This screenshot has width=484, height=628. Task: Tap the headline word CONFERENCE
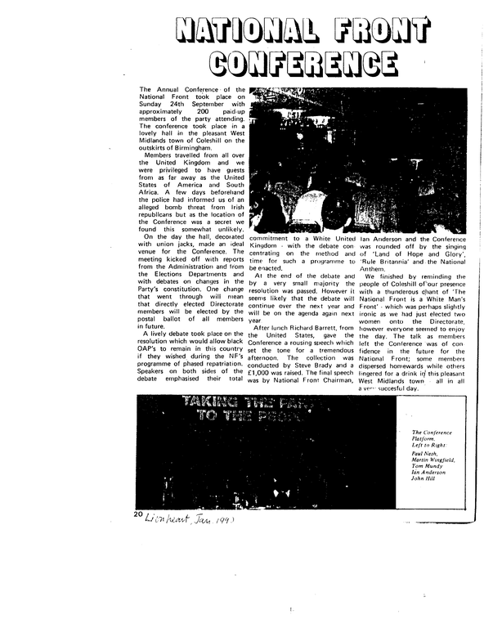click(298, 62)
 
